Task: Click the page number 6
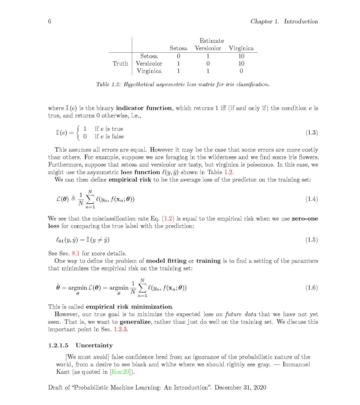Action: tap(50, 21)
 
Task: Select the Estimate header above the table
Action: tap(212, 41)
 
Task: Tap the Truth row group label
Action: tap(120, 63)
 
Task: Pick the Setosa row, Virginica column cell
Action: tap(241, 56)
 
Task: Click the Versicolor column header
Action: tap(208, 48)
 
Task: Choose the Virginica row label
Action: tap(149, 71)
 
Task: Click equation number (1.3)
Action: tap(311, 133)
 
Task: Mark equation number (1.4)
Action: tap(311, 199)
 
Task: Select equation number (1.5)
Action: tap(311, 240)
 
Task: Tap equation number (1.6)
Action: tap(311, 288)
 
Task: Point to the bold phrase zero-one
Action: tap(305, 219)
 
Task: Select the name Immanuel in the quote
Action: tap(296, 364)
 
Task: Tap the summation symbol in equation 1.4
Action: tap(90, 200)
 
